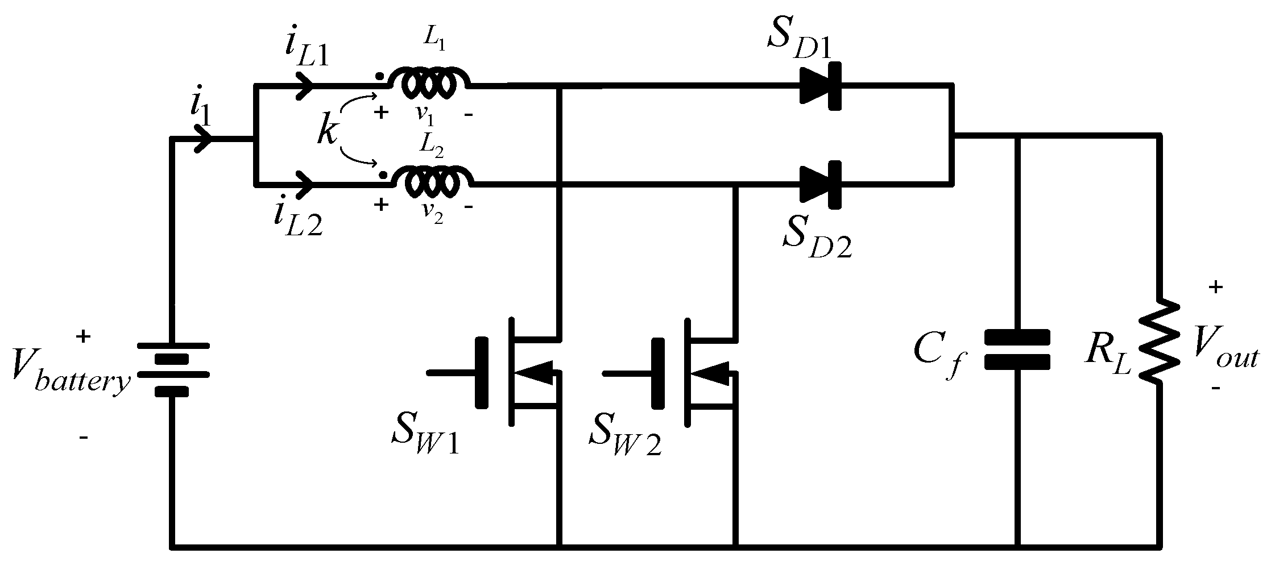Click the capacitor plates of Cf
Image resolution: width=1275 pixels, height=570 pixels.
pos(1017,350)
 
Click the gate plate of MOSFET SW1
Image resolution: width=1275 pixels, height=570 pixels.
pos(482,372)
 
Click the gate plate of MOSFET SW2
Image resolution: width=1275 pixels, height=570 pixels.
pos(658,372)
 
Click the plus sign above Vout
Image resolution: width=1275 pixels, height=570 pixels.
pos(1215,287)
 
